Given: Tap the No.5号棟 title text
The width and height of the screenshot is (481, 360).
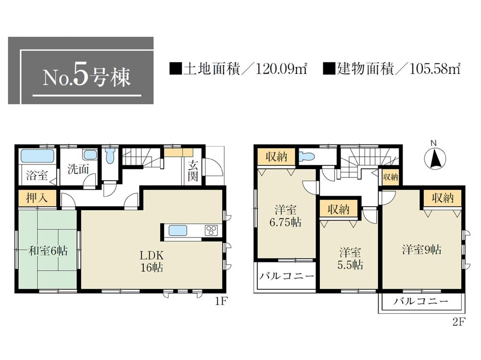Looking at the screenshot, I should point(87,77).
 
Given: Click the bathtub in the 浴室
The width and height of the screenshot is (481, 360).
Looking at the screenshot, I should point(37,157).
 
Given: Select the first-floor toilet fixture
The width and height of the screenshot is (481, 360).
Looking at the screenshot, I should point(110,157).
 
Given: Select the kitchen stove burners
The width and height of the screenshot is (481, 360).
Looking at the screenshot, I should point(212,230).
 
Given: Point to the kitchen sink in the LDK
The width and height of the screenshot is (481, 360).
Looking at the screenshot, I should point(178,231).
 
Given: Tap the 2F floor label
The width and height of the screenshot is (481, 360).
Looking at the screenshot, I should point(459,323).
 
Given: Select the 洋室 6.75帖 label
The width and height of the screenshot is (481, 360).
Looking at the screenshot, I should point(286,216).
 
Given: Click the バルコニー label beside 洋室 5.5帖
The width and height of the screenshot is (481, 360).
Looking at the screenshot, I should point(286,276).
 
